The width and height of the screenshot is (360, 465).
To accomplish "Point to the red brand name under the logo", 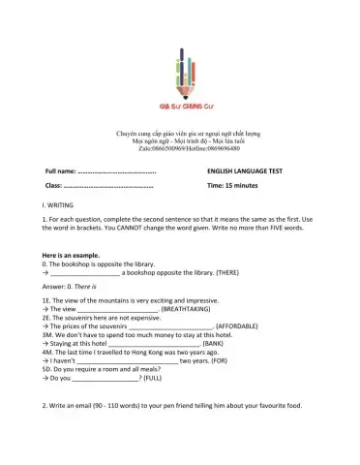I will (x=180, y=105).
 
